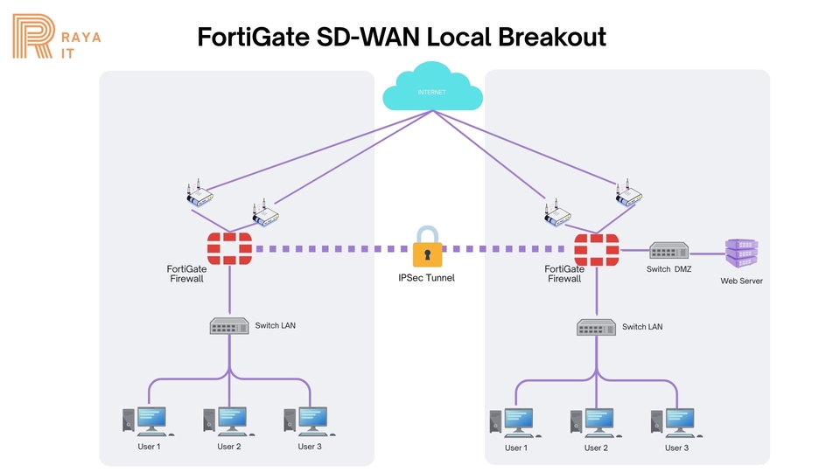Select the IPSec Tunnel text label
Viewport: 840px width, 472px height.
426,277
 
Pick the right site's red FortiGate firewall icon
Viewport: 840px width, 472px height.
596,249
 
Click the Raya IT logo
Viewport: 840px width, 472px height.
55,36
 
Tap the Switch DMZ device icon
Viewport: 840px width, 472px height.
669,250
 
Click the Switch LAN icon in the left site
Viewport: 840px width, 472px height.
229,326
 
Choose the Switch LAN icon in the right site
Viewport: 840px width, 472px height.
596,328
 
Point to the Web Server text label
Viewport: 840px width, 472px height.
741,281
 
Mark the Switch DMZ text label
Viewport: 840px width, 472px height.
668,269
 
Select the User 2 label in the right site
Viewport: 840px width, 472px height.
595,448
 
